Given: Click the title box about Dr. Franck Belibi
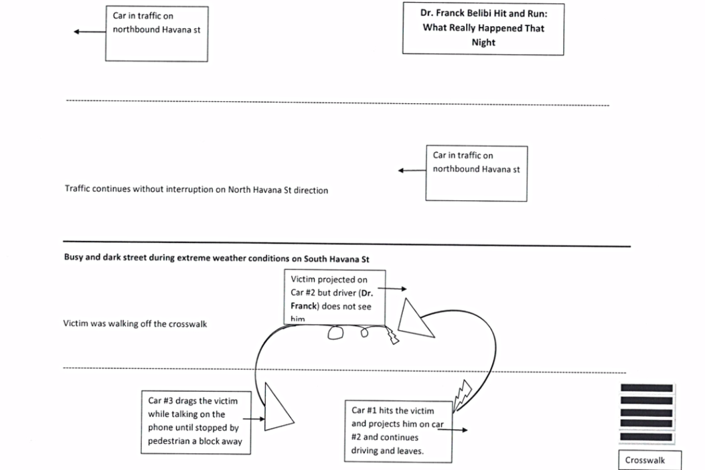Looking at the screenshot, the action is coord(483,29).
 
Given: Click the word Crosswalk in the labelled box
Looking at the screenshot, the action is coord(645,460).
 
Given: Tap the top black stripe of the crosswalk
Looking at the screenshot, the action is coord(647,388).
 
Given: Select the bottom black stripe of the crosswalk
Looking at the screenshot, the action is coord(647,437).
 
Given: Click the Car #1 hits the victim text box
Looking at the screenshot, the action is coord(398,431).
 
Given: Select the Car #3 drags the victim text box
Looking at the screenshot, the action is coord(196,422).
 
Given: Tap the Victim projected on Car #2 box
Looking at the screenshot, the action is coord(335,297).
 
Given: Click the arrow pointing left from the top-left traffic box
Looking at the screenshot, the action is coord(90,31).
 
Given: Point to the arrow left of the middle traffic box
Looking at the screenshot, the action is coord(412,171).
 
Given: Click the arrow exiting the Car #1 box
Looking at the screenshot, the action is coord(453,430).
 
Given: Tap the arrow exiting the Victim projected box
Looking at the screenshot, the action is coord(392,289).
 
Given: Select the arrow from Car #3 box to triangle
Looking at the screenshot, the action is coord(254,418).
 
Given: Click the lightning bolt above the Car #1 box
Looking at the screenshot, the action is coord(462,396).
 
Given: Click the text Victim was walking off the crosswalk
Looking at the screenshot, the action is coord(135,324).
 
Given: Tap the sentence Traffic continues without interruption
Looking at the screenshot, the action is coord(196,189).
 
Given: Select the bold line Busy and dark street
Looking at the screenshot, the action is coord(217,258).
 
